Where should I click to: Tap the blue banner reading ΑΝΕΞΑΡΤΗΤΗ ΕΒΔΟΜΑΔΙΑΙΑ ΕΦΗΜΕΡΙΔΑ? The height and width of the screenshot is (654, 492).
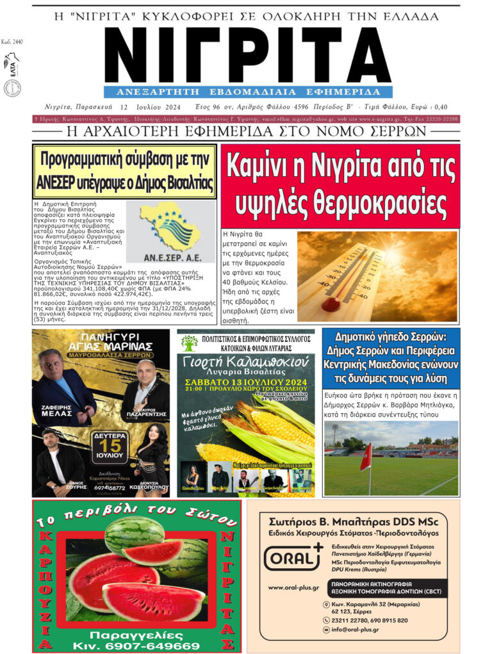(247, 92)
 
